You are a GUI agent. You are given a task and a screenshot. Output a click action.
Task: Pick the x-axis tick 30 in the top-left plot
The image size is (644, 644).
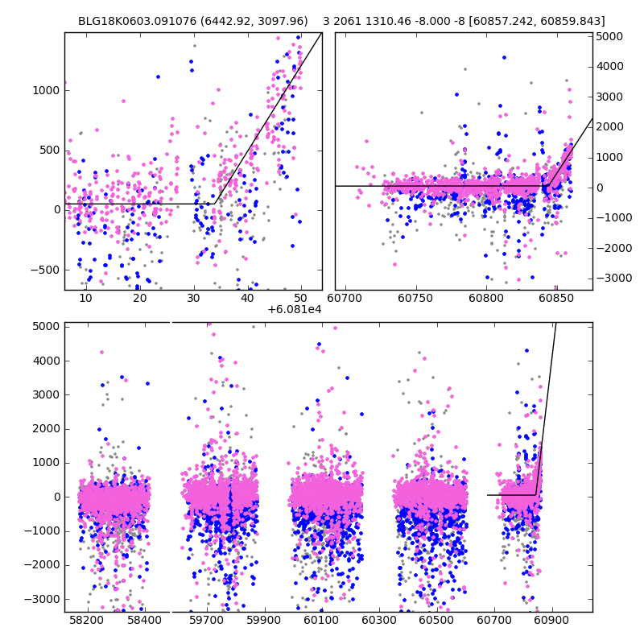tap(193, 298)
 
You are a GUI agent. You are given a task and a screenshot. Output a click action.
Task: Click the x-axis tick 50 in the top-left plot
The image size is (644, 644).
tap(300, 298)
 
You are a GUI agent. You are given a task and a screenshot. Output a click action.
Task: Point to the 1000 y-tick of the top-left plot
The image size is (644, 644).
tap(47, 90)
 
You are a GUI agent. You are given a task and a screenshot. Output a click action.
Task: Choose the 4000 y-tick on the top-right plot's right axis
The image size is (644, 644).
tap(607, 67)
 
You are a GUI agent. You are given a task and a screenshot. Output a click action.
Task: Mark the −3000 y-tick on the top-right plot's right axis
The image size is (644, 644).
tap(609, 278)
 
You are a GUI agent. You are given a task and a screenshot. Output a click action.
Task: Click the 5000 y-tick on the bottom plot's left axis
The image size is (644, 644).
tap(47, 326)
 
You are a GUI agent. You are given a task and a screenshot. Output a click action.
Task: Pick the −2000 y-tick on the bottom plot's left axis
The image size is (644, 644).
tap(43, 564)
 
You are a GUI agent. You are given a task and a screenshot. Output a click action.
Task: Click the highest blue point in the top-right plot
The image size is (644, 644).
tap(504, 57)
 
